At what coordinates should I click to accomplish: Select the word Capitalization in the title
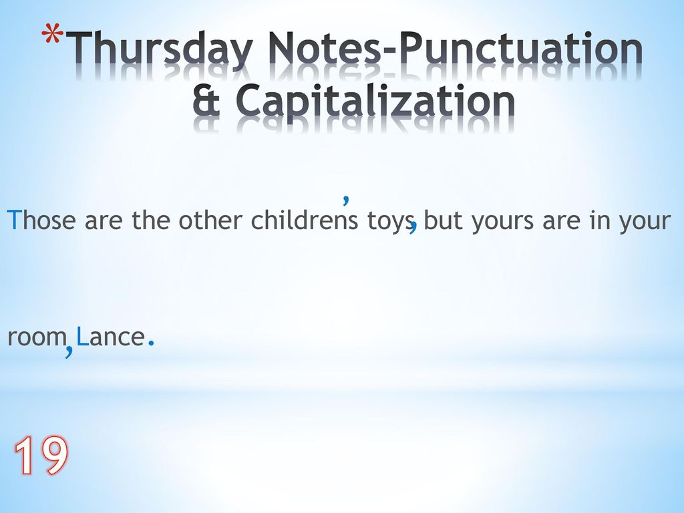pos(375,101)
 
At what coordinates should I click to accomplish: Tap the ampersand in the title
pos(206,100)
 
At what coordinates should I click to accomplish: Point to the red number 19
pos(41,456)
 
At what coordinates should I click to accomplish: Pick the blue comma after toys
pos(413,227)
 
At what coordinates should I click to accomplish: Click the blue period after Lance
pos(152,343)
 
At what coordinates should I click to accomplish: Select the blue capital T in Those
pos(15,219)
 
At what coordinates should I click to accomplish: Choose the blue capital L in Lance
pos(81,337)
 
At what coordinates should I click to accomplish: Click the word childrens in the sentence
pos(304,219)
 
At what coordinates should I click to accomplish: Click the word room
pos(37,337)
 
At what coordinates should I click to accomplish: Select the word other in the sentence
pos(210,219)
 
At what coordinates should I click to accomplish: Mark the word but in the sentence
pos(443,219)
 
